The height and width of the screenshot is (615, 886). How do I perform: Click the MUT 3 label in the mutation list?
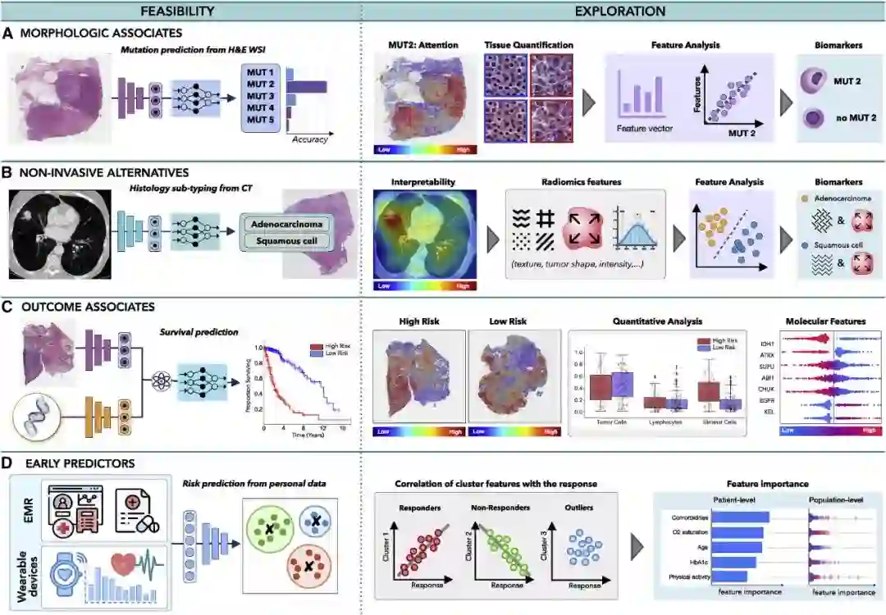pos(260,96)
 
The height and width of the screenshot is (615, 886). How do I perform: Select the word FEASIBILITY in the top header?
pos(177,11)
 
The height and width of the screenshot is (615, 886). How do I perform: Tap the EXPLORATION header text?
pos(620,11)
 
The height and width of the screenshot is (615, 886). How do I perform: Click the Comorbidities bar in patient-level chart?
pos(740,517)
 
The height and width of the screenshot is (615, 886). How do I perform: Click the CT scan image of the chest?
pos(59,228)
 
